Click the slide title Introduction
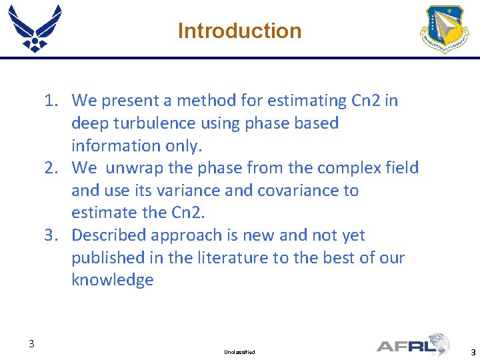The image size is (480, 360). pos(239,31)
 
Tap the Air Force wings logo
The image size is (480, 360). pos(35,28)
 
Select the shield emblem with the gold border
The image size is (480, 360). pos(445,29)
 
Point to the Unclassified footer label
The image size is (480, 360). pos(240,351)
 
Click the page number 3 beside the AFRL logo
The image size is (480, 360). pos(473,352)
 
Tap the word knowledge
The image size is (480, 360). pos(112,280)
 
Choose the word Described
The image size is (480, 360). pos(109,235)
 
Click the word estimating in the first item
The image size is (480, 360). pos(300,101)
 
